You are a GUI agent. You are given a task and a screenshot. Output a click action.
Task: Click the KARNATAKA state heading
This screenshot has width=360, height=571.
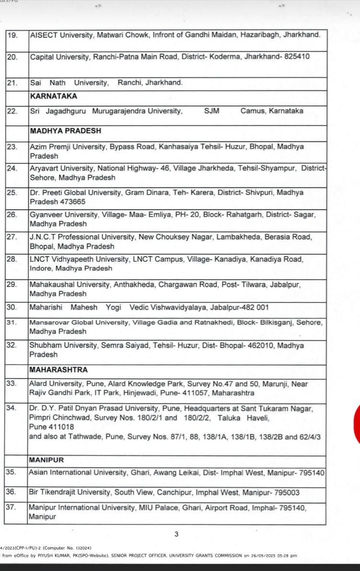coord(53,96)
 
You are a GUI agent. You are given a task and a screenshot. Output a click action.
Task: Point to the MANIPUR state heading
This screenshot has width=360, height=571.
coord(46,460)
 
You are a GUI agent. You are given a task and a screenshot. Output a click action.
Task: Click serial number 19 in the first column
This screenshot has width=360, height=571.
coord(12,35)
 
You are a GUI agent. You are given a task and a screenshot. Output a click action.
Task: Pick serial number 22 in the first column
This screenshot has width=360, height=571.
coord(12,111)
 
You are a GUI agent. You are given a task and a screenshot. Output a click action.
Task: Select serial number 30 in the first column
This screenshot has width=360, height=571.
coord(12,307)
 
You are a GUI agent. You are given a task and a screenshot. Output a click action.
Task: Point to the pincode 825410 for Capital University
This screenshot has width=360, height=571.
coord(297,57)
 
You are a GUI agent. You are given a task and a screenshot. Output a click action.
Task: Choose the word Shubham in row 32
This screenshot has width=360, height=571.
coord(45,345)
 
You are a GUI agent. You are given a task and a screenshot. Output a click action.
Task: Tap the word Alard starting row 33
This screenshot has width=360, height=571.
coord(38,384)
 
